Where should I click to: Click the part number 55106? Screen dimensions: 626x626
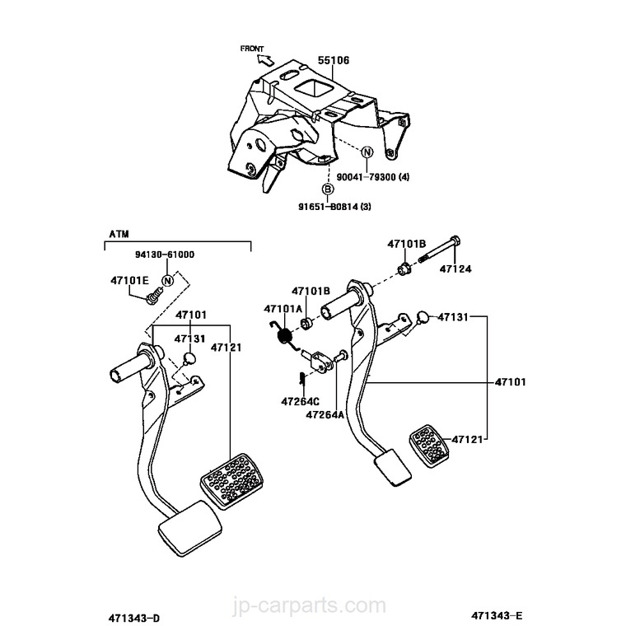coord(333,60)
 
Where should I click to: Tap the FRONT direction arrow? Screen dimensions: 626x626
coord(265,58)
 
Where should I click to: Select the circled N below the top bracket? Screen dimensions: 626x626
coord(367,152)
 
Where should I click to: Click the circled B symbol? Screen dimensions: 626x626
coord(328,190)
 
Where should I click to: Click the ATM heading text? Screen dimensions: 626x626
coord(119,234)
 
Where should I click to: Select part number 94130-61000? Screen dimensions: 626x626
coord(165,255)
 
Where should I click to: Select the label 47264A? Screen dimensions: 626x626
coord(325,415)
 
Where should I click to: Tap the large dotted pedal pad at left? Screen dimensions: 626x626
coord(232,479)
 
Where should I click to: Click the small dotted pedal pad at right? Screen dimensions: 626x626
coord(428,445)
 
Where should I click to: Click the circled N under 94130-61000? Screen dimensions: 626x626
coord(167,282)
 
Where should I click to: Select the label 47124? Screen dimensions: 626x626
coord(455,269)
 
